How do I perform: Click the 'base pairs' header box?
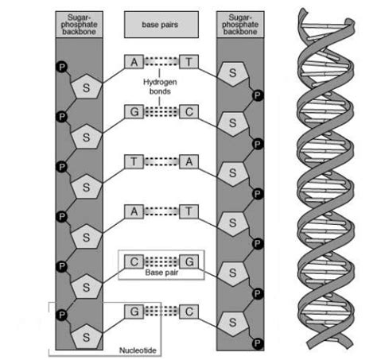[161, 25]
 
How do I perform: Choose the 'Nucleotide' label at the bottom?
[138, 348]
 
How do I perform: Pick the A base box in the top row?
[134, 61]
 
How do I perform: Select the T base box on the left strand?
[134, 161]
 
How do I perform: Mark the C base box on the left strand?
[134, 260]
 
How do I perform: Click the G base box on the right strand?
[188, 260]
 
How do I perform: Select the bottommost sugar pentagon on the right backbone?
[232, 323]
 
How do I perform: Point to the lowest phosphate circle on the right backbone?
[257, 343]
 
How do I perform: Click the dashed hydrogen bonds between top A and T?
[161, 61]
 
